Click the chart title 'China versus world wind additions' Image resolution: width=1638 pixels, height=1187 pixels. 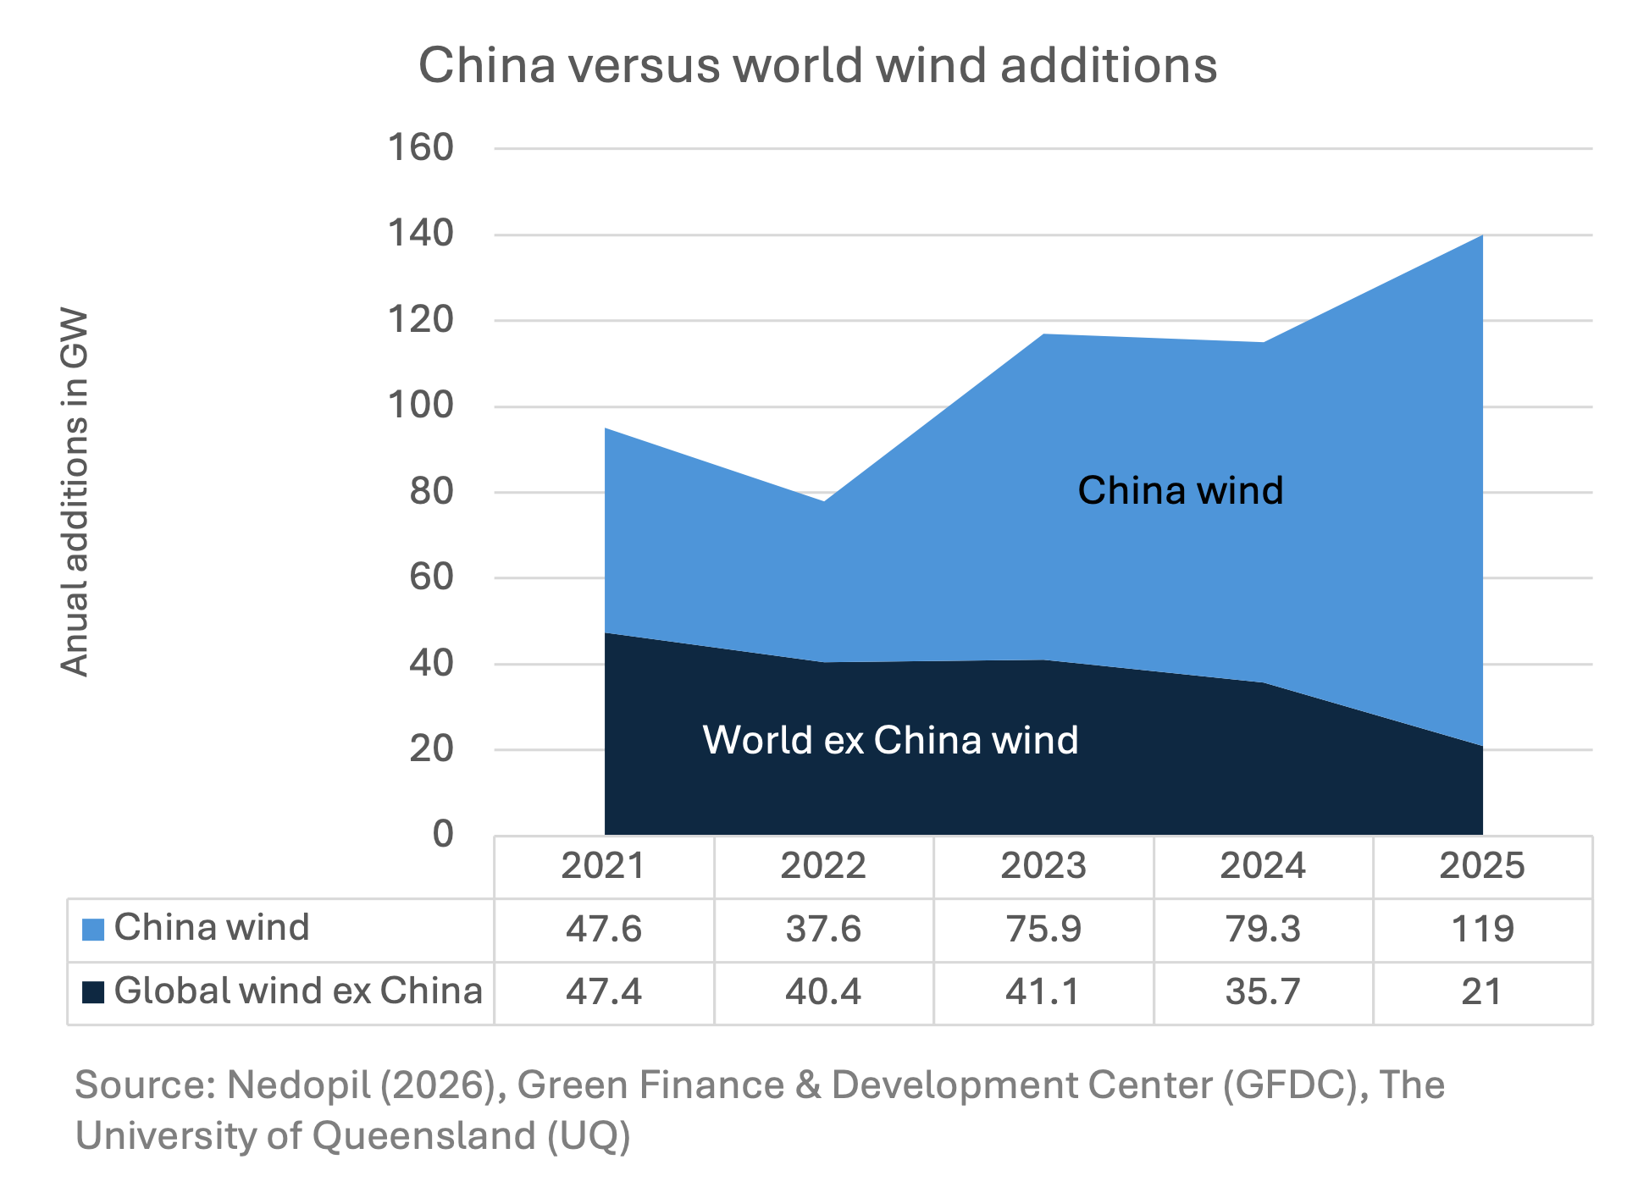click(x=817, y=65)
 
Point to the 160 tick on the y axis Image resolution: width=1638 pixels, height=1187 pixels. click(x=421, y=147)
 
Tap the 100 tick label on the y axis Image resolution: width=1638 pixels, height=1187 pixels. click(x=421, y=406)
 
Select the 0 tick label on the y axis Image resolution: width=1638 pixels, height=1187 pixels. click(x=443, y=834)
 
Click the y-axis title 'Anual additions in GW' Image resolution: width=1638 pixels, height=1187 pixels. click(x=75, y=492)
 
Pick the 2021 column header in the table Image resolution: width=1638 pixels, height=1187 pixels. click(x=603, y=866)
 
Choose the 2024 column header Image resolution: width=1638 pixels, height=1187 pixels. click(x=1262, y=866)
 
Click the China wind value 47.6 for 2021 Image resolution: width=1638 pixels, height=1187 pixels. click(x=603, y=929)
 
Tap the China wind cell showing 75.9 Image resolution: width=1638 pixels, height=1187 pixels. click(x=1043, y=929)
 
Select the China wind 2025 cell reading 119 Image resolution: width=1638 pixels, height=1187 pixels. click(x=1482, y=929)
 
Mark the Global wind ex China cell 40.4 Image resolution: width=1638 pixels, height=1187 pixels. click(x=822, y=991)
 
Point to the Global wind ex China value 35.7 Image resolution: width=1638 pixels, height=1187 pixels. click(x=1262, y=991)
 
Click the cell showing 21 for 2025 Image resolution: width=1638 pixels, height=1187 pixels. click(x=1481, y=991)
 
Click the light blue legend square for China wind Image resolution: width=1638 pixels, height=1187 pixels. click(x=93, y=930)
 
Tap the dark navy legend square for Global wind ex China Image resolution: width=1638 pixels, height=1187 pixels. click(x=93, y=991)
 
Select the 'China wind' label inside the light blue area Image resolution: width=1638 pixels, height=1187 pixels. click(x=1180, y=490)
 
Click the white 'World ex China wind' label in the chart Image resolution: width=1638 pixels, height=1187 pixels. click(x=890, y=740)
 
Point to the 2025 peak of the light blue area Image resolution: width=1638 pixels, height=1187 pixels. click(x=1481, y=236)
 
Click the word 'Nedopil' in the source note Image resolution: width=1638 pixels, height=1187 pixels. click(x=298, y=1085)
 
